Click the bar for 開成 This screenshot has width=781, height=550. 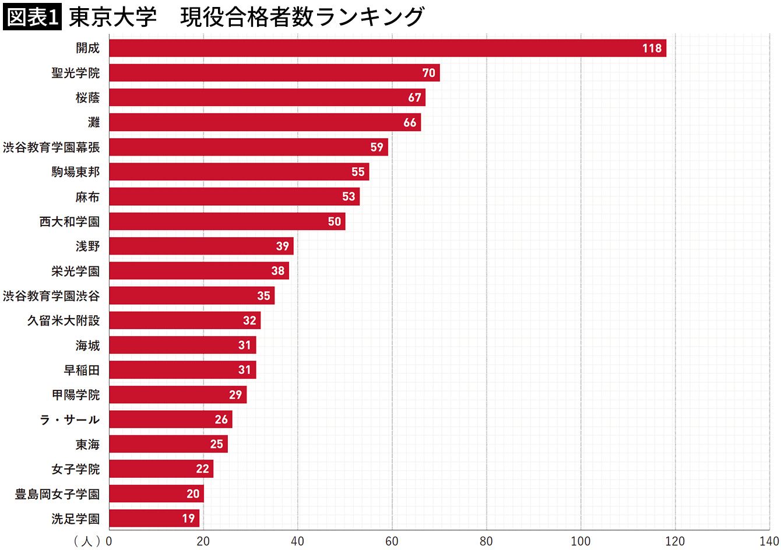[388, 48]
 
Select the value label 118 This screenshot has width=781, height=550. [652, 48]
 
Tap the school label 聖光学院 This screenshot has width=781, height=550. [76, 73]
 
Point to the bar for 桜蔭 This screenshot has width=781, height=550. [267, 98]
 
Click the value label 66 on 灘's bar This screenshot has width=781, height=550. [410, 122]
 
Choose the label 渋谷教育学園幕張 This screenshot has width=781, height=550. [51, 147]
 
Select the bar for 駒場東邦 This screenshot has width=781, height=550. [239, 172]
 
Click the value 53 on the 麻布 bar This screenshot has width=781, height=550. [349, 196]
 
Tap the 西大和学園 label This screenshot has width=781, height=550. [70, 221]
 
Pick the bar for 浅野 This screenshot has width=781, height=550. [201, 246]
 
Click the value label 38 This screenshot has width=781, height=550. [277, 271]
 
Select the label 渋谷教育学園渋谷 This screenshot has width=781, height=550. [51, 296]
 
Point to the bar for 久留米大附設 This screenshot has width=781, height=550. [185, 320]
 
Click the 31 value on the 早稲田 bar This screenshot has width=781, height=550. [244, 370]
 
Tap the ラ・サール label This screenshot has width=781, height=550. [70, 419]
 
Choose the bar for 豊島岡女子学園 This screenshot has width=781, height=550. [156, 493]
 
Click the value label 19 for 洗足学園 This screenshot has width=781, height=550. [188, 519]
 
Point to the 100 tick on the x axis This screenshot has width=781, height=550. [581, 541]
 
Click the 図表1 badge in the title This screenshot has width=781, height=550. [33, 16]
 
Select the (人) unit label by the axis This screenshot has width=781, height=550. [87, 541]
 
